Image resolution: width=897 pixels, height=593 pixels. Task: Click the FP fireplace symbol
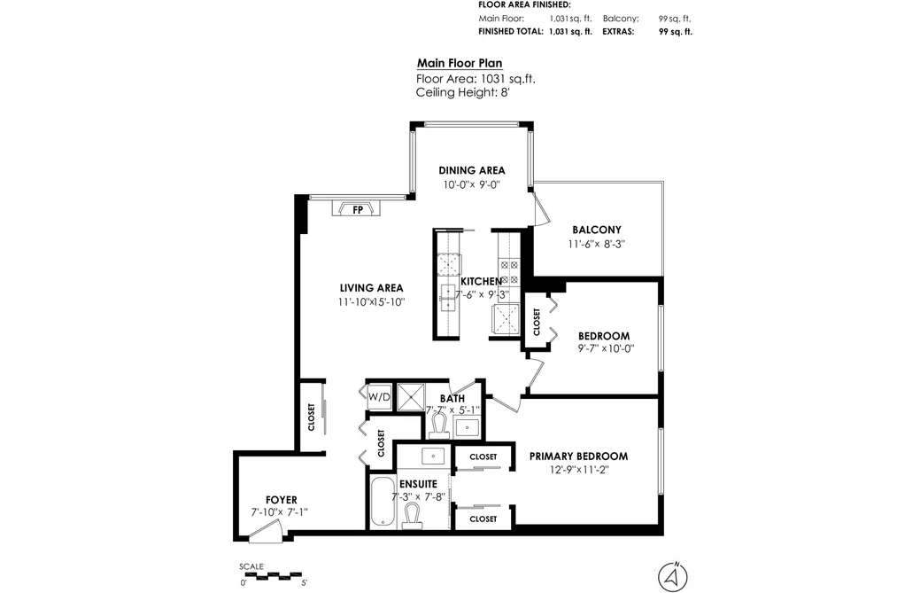(356, 208)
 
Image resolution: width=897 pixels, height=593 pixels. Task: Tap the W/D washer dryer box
(379, 397)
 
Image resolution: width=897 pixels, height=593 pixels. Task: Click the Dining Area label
(472, 170)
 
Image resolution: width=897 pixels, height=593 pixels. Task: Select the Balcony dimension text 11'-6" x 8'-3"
(597, 244)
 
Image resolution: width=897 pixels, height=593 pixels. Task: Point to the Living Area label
(371, 288)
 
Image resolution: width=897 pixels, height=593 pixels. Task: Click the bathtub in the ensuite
(382, 502)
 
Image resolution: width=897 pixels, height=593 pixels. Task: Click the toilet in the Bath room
(439, 425)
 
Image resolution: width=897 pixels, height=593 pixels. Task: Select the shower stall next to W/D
(411, 397)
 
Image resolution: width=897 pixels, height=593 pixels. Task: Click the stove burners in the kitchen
(509, 272)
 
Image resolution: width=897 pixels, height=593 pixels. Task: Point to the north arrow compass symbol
(673, 576)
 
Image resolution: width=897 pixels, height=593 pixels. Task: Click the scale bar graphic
(271, 574)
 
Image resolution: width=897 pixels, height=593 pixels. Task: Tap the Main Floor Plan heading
(460, 64)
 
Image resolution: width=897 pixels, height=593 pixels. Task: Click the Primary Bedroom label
(578, 456)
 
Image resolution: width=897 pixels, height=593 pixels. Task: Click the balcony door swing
(541, 207)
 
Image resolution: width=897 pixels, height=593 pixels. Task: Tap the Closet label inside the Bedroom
(537, 323)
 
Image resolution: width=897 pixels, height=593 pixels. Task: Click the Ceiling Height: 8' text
(463, 92)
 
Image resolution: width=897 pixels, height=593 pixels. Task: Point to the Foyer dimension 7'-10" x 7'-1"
(280, 512)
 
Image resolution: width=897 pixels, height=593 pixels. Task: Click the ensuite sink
(433, 456)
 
